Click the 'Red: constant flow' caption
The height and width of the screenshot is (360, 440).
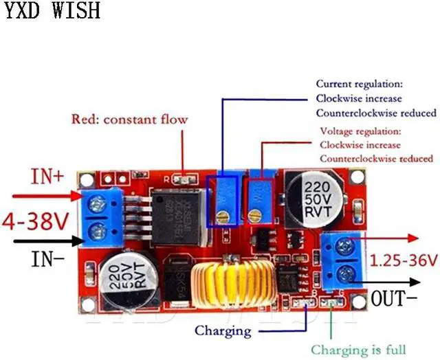pos(129,120)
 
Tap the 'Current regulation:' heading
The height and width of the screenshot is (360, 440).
pos(359,84)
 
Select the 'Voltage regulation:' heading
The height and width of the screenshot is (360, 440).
pos(360,131)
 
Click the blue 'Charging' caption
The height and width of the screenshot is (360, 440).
pos(222,330)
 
